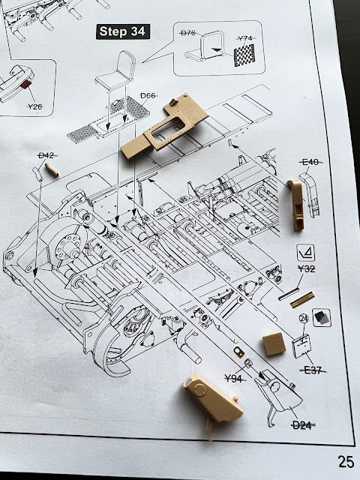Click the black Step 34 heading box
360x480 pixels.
(123, 31)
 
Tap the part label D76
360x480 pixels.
(187, 33)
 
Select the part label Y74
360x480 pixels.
(245, 38)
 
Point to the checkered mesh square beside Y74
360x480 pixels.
(244, 55)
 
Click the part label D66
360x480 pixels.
(148, 96)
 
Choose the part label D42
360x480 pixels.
(46, 155)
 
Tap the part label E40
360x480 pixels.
(310, 162)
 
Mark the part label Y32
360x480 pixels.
(307, 268)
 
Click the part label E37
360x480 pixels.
(313, 370)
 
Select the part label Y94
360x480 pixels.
(234, 379)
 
